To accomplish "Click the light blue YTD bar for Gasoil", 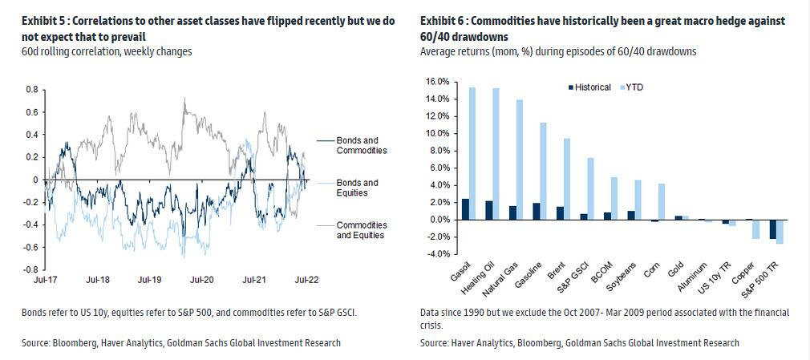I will [x=472, y=153].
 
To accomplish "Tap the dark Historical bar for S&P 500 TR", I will [x=773, y=229].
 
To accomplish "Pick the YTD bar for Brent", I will [x=566, y=179].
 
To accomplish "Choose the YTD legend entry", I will [x=638, y=87].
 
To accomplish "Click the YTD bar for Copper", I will [x=755, y=229].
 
